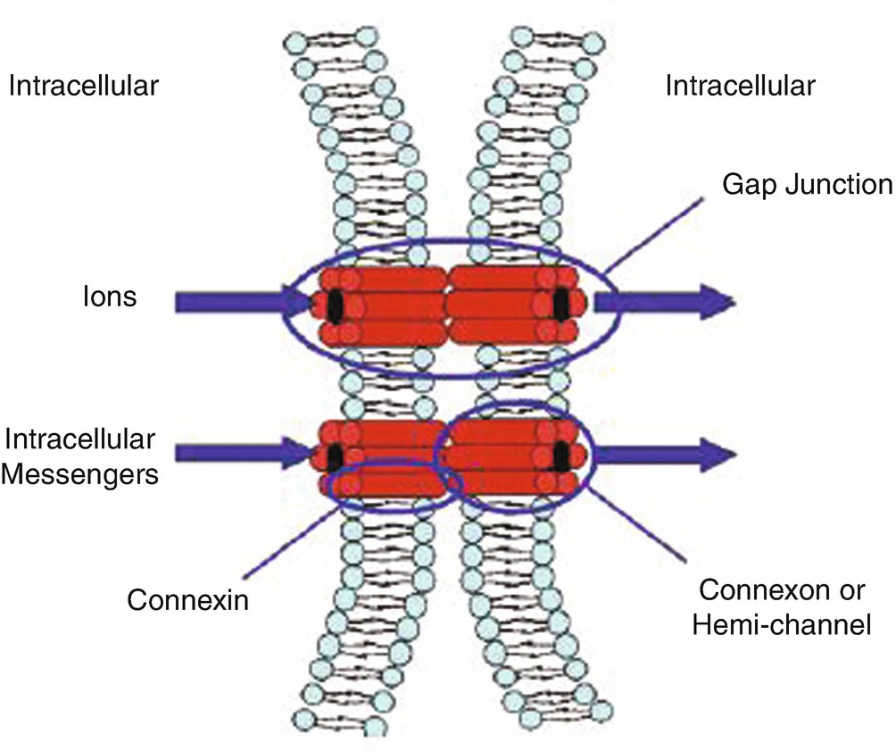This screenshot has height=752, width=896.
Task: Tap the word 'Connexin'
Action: coord(187,598)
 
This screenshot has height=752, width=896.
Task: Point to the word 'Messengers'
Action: coord(81,472)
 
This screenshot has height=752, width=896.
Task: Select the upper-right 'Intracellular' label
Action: coord(740,87)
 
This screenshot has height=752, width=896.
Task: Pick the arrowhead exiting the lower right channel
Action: coord(718,452)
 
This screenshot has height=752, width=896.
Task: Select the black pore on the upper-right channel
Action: coord(560,304)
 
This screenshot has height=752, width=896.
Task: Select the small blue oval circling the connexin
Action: coord(393,507)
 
